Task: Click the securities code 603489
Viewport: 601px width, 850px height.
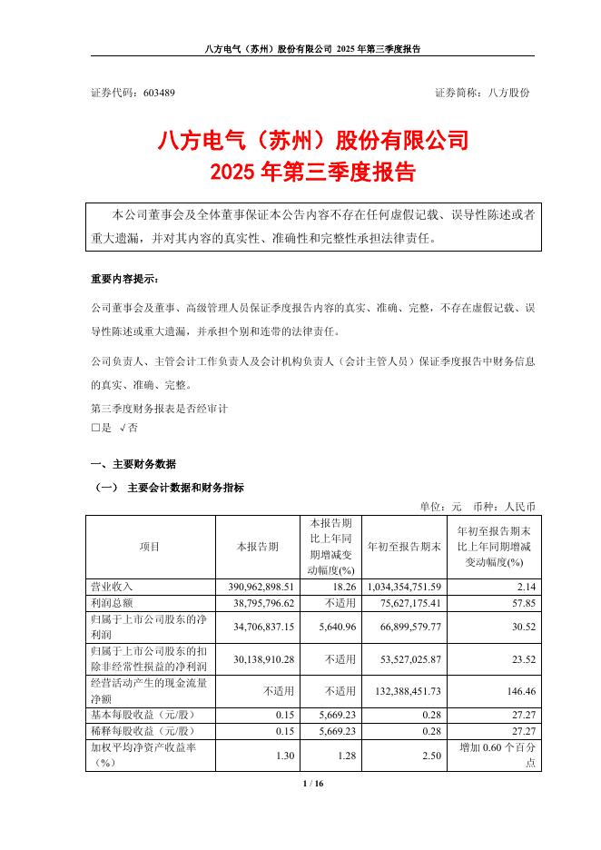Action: (159, 93)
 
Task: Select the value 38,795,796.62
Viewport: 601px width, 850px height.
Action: (261, 602)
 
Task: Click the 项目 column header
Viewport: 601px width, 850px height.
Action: (150, 547)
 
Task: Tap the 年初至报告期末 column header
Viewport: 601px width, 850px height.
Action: (403, 547)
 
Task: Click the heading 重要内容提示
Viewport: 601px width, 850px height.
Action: (123, 279)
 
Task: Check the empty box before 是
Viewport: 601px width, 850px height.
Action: (95, 426)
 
